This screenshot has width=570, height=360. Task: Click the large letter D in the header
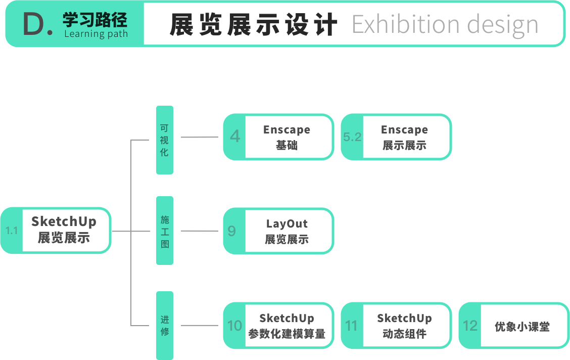34,24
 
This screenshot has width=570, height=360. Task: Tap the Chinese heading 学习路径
95,20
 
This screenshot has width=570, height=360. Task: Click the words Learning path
96,34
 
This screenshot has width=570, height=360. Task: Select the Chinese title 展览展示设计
253,24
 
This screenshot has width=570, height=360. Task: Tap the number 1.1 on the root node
12,231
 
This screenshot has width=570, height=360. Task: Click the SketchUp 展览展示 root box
64,230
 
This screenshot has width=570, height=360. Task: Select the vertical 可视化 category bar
164,140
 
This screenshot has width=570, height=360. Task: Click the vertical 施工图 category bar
164,231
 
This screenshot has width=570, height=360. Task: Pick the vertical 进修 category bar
164,326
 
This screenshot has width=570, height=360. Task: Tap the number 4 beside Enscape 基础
234,137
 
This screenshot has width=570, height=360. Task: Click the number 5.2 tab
352,137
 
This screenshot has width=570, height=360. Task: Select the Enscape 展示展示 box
404,137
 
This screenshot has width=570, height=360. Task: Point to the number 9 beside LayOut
232,231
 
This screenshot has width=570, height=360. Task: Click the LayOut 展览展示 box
287,231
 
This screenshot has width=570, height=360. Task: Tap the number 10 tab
234,326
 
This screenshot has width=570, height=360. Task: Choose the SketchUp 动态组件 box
404,326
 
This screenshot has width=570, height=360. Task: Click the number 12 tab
470,326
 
